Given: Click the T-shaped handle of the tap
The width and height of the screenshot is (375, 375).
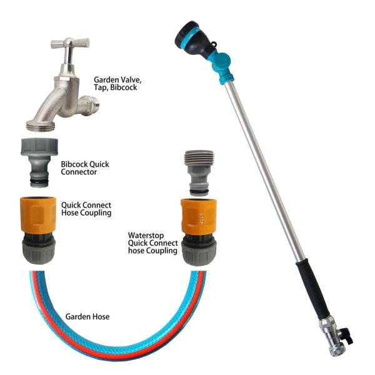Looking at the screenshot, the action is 70,44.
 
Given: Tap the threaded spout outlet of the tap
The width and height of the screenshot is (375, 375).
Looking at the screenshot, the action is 41,125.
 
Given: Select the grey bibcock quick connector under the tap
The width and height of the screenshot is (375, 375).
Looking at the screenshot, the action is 39,162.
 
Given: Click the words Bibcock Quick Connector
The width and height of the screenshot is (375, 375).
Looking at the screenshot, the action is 85,168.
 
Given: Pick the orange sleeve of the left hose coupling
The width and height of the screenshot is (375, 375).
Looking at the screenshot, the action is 38,215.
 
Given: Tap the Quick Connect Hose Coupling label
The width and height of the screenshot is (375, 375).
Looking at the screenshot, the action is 86,209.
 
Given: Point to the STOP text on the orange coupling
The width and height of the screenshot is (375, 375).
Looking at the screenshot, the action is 201,218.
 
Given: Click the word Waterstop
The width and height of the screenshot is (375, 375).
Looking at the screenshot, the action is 146,236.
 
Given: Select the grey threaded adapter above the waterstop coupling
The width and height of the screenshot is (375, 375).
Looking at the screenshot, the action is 199,172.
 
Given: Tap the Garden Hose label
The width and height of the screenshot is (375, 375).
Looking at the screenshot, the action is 87,317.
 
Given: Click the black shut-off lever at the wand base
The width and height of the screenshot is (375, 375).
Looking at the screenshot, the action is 349,336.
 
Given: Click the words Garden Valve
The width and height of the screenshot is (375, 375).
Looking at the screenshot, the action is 117,80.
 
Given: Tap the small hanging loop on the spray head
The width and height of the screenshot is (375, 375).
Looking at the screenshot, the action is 214,45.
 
